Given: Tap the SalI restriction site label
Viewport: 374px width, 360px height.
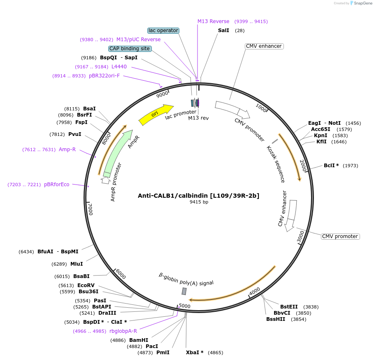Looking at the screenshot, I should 223,30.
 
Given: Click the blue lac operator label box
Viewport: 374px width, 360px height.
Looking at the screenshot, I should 163,30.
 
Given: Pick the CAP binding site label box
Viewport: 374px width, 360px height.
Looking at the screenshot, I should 130,49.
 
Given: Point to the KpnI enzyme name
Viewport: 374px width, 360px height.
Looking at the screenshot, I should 321,136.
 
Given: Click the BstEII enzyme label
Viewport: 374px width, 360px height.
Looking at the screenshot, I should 289,307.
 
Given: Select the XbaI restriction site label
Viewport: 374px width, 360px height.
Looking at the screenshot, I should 195,353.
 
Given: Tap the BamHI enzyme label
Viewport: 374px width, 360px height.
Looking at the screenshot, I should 139,340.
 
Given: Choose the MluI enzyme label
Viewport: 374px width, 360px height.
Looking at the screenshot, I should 77,264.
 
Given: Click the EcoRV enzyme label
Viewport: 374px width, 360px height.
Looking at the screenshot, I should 86,285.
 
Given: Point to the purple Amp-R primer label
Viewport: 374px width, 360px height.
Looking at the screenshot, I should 67,150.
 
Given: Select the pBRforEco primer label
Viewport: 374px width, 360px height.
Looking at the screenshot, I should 57,185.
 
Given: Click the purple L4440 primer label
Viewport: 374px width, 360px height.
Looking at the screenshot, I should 119,67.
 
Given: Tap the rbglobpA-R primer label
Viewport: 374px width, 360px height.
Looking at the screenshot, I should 123,331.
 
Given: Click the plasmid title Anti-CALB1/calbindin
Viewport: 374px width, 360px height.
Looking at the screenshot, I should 198,196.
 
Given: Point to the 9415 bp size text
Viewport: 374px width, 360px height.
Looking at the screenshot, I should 199,202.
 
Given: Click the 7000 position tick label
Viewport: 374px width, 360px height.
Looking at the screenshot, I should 91,209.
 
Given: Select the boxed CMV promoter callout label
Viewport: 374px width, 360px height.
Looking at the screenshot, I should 340,236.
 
